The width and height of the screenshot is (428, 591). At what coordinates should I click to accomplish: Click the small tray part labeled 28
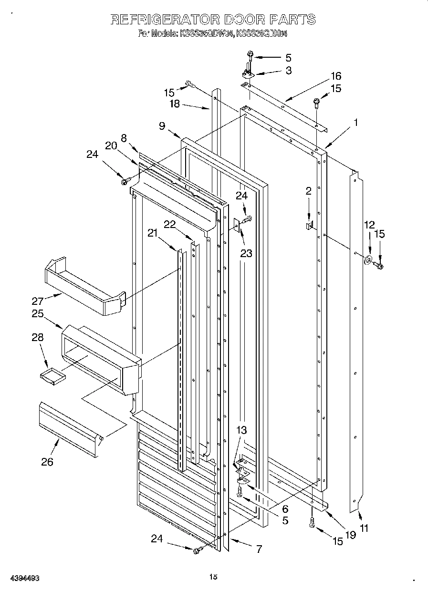coord(52,376)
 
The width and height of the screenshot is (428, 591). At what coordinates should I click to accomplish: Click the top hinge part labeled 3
coord(248,73)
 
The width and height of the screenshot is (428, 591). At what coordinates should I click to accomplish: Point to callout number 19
coord(351,535)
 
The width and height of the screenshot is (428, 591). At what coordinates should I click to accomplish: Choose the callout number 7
coord(259,549)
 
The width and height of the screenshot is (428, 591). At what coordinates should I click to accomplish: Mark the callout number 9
coord(162,126)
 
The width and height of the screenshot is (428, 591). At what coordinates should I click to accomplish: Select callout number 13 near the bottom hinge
coord(241,430)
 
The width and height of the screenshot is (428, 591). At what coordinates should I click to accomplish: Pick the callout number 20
coord(111,146)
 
